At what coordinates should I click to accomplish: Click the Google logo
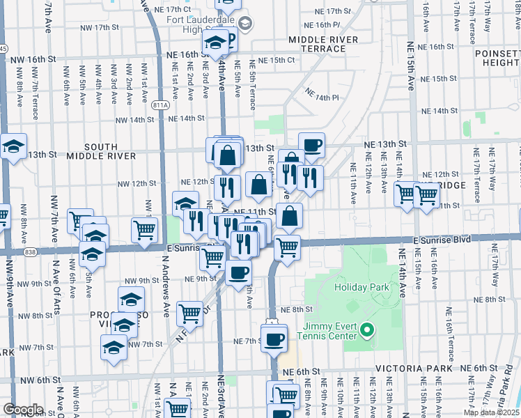pos(23,410)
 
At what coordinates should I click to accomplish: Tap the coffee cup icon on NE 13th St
pos(312,144)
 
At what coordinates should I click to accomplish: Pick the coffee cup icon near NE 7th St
pos(275,338)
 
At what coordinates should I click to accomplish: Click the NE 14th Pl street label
pos(321,97)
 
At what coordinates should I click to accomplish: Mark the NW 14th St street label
pos(134,120)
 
